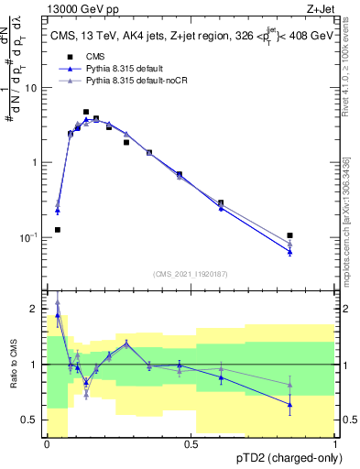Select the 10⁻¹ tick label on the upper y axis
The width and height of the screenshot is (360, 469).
pyautogui.click(x=31, y=237)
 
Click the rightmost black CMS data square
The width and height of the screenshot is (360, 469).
pyautogui.click(x=290, y=235)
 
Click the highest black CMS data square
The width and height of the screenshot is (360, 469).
pyautogui.click(x=86, y=112)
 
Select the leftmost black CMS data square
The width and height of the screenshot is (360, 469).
pyautogui.click(x=58, y=230)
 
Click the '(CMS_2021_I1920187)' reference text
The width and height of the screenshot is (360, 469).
pyautogui.click(x=191, y=274)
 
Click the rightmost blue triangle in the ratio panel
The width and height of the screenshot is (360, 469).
pyautogui.click(x=290, y=404)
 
